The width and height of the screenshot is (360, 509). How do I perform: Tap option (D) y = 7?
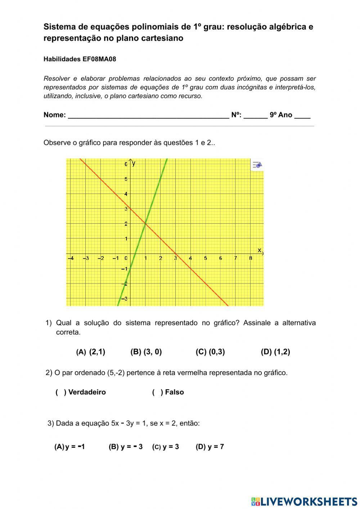[x=210, y=447]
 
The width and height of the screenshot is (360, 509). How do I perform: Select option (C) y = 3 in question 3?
[x=166, y=447]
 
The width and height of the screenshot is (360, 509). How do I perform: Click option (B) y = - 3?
[x=126, y=447]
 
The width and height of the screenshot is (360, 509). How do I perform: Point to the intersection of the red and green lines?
[x=145, y=224]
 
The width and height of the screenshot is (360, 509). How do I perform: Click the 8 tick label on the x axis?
[x=251, y=258]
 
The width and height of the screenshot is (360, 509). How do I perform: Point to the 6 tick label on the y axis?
[x=126, y=164]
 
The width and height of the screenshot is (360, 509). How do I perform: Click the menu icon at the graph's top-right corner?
[x=257, y=165]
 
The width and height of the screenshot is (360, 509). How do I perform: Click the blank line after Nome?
[x=148, y=115]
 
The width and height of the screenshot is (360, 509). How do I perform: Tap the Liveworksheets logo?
[x=304, y=501]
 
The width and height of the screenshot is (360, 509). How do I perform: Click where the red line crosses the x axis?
[x=176, y=254]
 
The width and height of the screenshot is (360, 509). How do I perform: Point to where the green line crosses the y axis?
[x=130, y=269]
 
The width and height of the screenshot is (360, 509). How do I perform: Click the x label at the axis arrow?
[x=259, y=250]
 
